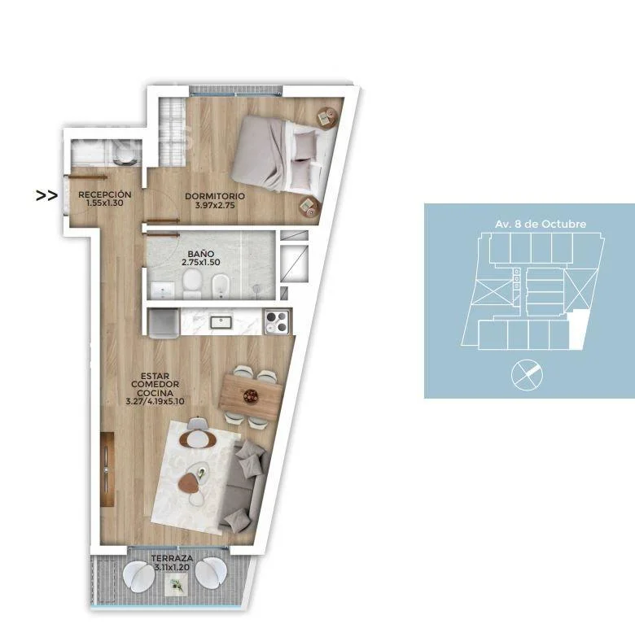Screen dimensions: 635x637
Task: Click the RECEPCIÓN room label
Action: tap(104, 195)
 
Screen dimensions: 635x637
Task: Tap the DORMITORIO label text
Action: tap(215, 196)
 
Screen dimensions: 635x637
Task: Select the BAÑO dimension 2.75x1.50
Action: tap(201, 263)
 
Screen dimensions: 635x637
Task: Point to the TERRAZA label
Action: tap(172, 558)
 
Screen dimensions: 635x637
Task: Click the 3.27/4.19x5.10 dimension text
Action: tap(155, 401)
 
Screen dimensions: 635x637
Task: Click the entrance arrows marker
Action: tap(46, 196)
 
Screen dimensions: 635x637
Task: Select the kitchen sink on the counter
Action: tap(221, 322)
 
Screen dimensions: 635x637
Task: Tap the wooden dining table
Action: tap(250, 392)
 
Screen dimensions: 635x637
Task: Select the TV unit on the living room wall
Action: tap(107, 469)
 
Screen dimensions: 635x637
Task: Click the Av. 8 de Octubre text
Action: tap(541, 225)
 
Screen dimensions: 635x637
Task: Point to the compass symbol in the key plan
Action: tap(527, 374)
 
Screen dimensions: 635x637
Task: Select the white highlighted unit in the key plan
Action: tap(577, 329)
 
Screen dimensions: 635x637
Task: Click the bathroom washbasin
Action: tap(163, 291)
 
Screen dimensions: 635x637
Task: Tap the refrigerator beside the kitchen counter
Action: tap(164, 323)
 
